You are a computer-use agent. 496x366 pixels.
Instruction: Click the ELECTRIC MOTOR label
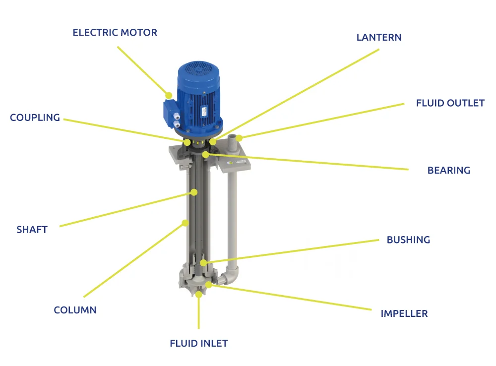click(x=115, y=33)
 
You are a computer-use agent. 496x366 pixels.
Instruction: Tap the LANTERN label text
click(x=379, y=37)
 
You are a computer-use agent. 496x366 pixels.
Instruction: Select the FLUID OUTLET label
click(x=450, y=103)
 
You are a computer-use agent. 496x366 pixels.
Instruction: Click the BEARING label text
click(x=448, y=171)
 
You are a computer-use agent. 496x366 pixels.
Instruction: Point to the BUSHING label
click(x=408, y=240)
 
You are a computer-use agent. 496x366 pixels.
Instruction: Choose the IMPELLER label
click(x=404, y=313)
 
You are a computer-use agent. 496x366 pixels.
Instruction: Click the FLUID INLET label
click(x=198, y=343)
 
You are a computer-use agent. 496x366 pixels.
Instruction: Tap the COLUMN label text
click(x=75, y=310)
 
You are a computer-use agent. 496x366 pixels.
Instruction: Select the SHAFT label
click(x=32, y=230)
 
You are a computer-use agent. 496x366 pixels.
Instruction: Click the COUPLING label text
click(x=35, y=118)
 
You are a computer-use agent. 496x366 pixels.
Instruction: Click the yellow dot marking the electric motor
click(x=169, y=95)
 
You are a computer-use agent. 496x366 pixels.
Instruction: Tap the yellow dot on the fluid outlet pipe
click(x=239, y=138)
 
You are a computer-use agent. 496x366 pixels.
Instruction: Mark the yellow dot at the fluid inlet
click(x=199, y=294)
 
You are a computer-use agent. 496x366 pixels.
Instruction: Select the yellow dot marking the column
click(x=185, y=223)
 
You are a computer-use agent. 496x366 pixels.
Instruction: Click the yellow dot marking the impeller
click(x=209, y=285)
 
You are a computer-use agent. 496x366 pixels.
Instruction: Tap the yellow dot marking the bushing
click(x=203, y=262)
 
